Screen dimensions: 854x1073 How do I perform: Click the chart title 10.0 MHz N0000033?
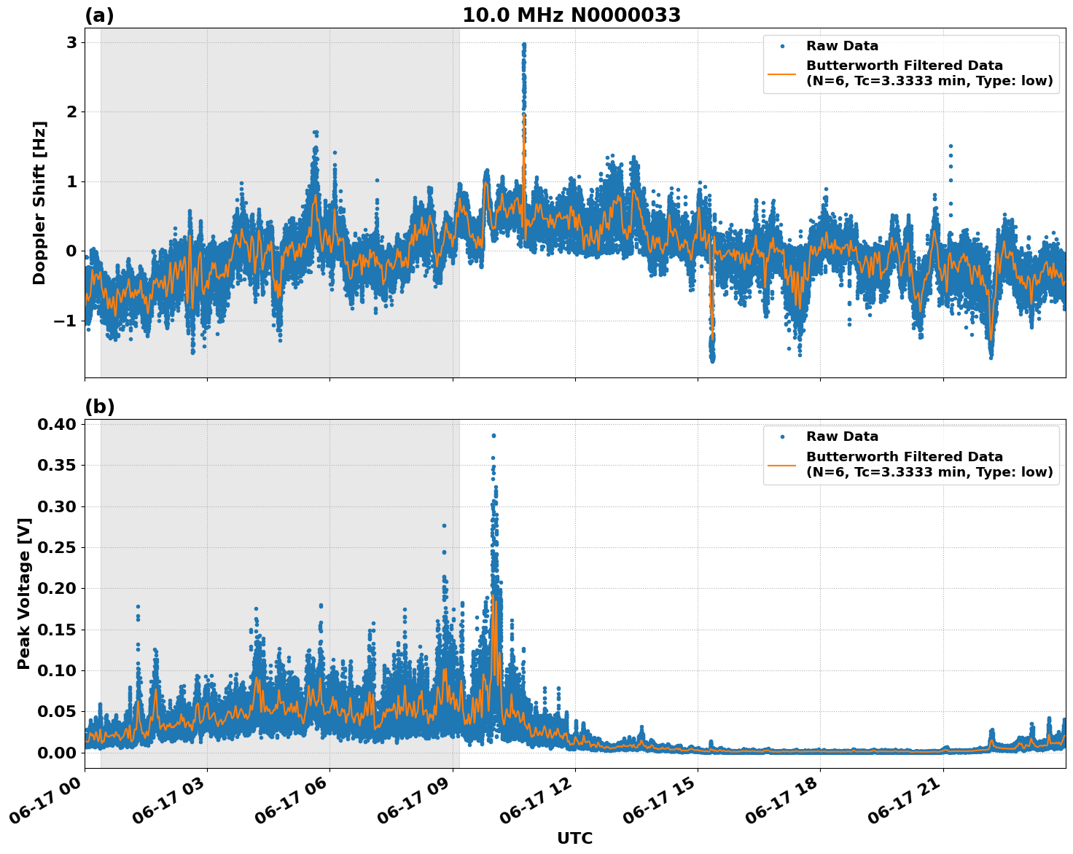pyautogui.click(x=571, y=15)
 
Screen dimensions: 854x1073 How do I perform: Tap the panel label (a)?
pyautogui.click(x=99, y=15)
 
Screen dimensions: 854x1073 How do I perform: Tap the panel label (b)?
pyautogui.click(x=99, y=407)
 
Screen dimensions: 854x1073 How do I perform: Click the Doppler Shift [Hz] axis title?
pyautogui.click(x=39, y=203)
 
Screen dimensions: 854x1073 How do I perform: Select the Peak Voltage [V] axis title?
pyautogui.click(x=24, y=593)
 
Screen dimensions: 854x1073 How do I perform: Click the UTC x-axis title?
pyautogui.click(x=574, y=838)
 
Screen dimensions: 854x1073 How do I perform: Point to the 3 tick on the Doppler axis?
pyautogui.click(x=71, y=42)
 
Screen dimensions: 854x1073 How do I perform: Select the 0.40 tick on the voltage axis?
pyautogui.click(x=58, y=424)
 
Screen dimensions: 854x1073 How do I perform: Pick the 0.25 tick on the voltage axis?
pyautogui.click(x=58, y=547)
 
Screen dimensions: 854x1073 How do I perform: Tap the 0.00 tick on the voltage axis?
pyautogui.click(x=58, y=752)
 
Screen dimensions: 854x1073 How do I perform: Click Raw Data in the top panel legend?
pyautogui.click(x=842, y=46)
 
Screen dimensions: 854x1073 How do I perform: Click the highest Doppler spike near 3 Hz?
pyautogui.click(x=523, y=44)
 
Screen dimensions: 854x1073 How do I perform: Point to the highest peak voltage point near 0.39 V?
pyautogui.click(x=493, y=436)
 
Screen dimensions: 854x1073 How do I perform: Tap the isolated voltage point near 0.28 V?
pyautogui.click(x=444, y=525)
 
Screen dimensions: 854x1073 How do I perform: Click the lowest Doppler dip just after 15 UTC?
pyautogui.click(x=712, y=360)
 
